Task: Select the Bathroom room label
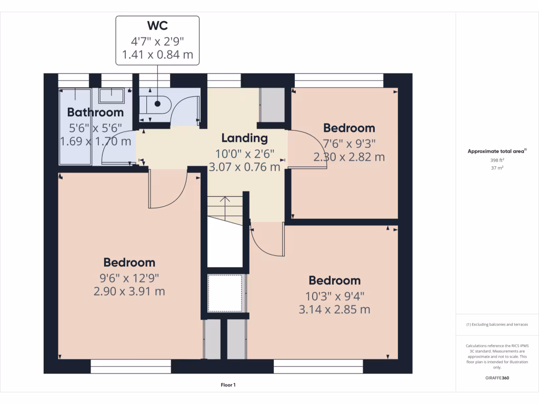pyautogui.click(x=95, y=112)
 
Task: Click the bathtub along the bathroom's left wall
pyautogui.click(x=75, y=126)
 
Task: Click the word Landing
pyautogui.click(x=244, y=138)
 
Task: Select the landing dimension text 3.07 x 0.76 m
pyautogui.click(x=244, y=167)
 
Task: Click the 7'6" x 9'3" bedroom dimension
pyautogui.click(x=349, y=143)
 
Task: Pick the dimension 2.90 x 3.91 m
pyautogui.click(x=129, y=291)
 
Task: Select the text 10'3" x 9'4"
pyautogui.click(x=334, y=296)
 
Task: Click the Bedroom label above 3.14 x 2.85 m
pyautogui.click(x=334, y=280)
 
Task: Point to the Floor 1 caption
pyautogui.click(x=228, y=385)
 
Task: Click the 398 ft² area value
pyautogui.click(x=497, y=160)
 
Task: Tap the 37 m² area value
pyautogui.click(x=497, y=168)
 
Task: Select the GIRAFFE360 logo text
pyautogui.click(x=497, y=378)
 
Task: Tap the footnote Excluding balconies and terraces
pyautogui.click(x=497, y=325)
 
